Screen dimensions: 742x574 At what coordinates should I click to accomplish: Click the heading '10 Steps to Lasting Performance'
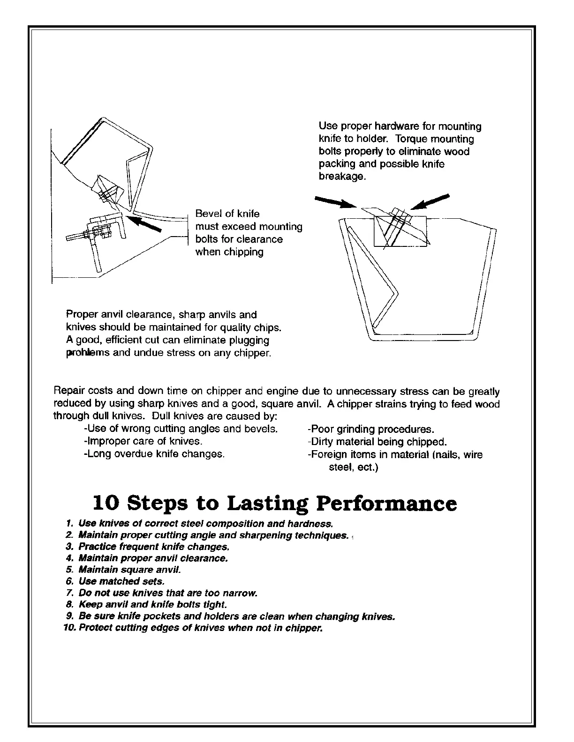[x=275, y=504]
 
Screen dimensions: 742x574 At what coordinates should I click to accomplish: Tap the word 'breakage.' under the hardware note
[x=342, y=177]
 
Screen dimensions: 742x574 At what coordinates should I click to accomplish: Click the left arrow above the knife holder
[x=335, y=202]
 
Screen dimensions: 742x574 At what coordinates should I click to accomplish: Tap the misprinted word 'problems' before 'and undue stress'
[x=81, y=353]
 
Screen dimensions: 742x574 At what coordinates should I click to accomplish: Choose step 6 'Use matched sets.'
[x=121, y=581]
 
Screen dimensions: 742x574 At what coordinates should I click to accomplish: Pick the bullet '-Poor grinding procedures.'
[x=370, y=429]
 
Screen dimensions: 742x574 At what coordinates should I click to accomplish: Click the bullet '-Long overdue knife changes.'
[x=154, y=454]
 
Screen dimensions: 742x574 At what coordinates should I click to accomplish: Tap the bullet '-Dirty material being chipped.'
[x=377, y=442]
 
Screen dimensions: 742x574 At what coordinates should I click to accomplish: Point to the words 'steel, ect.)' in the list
[x=354, y=467]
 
